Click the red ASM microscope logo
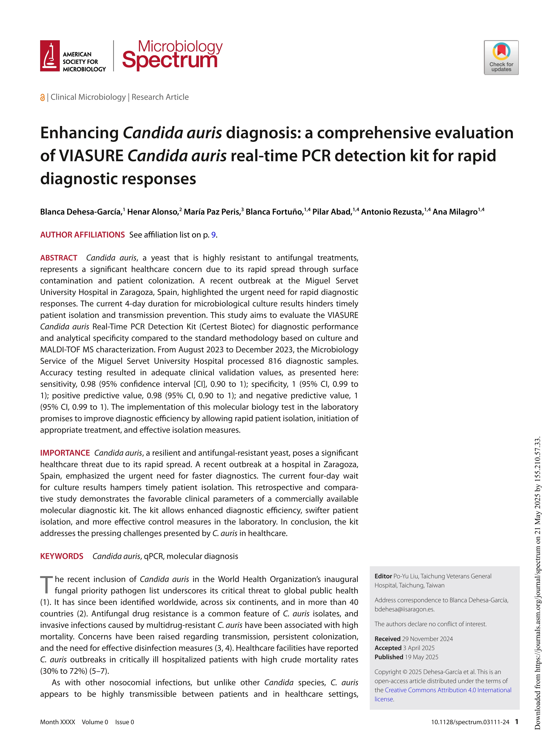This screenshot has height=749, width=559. click(50, 56)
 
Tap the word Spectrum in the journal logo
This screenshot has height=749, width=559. click(170, 60)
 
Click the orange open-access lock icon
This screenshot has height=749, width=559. click(42, 98)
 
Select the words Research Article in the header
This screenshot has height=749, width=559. click(160, 97)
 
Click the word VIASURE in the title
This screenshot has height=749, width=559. click(91, 156)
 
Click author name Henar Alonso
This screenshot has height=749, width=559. click(153, 212)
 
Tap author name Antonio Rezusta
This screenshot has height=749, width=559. click(392, 212)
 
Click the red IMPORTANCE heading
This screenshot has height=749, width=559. click(65, 453)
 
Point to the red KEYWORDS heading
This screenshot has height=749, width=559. click(61, 556)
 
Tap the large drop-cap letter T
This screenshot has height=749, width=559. click(46, 585)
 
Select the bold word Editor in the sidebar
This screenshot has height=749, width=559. click(383, 576)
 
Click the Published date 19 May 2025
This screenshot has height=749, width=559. click(421, 657)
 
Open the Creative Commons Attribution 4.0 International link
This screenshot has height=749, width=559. click(448, 690)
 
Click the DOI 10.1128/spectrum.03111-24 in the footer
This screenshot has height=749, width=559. click(470, 722)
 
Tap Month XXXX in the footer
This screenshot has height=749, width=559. click(58, 722)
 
